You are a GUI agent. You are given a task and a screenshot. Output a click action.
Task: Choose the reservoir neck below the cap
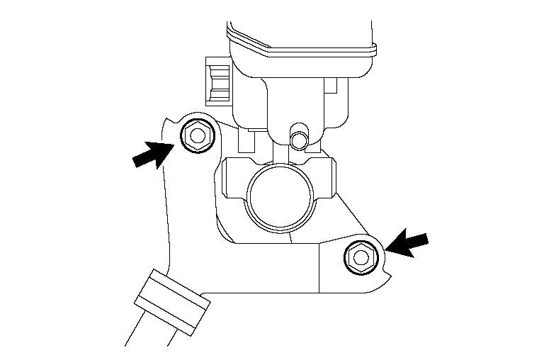tap(290, 99)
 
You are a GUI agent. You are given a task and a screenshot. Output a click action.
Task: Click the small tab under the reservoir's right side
tap(330, 89)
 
